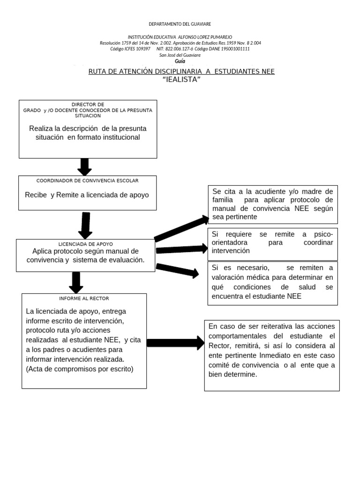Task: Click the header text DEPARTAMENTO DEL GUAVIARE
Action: click(x=180, y=24)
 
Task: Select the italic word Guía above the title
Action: click(x=180, y=61)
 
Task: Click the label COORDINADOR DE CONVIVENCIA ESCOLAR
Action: click(x=87, y=180)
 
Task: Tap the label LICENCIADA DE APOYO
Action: click(x=85, y=244)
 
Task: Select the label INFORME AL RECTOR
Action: click(x=84, y=298)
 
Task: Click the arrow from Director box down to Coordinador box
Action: click(x=85, y=166)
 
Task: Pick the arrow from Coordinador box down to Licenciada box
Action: click(x=85, y=225)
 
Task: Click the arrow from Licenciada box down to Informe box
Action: click(x=76, y=282)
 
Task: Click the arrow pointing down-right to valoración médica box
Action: click(x=177, y=270)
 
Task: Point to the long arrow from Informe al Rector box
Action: click(x=175, y=343)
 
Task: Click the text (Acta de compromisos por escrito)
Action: click(x=80, y=369)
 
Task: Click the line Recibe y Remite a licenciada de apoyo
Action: click(x=87, y=195)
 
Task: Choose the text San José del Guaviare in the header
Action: click(x=180, y=55)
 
